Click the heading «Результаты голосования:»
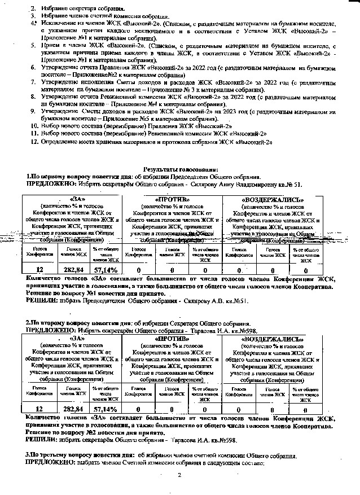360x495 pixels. [181, 169]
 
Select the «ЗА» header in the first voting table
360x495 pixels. [74, 199]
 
